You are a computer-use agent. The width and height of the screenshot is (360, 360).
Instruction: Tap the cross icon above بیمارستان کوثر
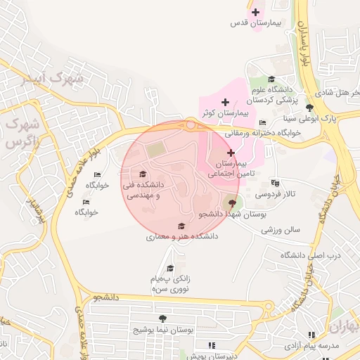(225, 103)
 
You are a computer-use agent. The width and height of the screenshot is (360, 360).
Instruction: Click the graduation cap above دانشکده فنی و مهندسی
(143, 174)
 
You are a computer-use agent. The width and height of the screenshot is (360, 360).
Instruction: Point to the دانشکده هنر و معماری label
(182, 237)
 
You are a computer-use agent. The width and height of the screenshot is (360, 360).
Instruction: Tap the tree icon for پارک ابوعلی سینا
(309, 107)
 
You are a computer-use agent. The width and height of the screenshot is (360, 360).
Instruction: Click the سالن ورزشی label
(280, 229)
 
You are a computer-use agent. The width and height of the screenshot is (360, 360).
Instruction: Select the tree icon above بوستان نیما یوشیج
(163, 319)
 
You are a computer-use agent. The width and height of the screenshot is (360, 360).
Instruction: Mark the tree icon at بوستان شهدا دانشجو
(233, 203)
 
